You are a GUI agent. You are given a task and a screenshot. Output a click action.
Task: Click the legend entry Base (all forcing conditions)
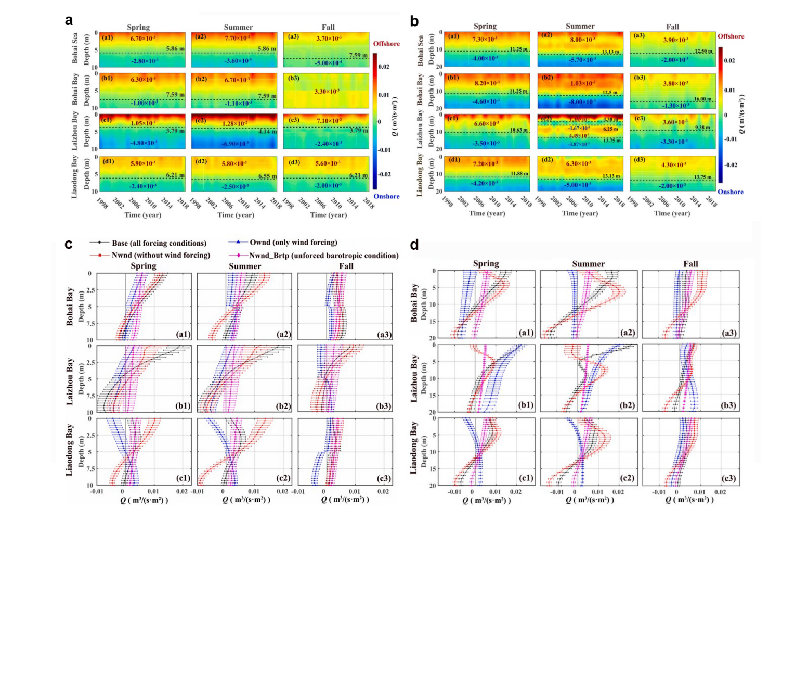click(x=159, y=243)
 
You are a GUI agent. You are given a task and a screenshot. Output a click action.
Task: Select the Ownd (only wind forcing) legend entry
click(x=293, y=243)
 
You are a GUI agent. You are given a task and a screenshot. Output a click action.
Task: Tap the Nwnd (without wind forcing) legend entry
click(x=161, y=255)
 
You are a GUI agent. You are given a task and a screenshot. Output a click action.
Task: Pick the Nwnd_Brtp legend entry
click(x=323, y=256)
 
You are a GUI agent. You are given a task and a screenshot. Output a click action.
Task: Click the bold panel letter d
click(x=414, y=245)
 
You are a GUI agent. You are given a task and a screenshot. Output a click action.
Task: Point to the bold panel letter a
click(x=69, y=20)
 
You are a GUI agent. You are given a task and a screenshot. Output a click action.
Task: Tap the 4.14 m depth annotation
click(x=267, y=131)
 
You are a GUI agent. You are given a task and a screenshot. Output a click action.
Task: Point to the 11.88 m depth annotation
click(x=519, y=174)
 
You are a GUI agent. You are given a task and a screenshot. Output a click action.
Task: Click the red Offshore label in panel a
click(x=386, y=44)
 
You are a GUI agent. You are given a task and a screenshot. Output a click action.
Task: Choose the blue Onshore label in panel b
click(x=731, y=192)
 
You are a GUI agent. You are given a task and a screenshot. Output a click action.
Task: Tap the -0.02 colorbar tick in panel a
click(x=384, y=174)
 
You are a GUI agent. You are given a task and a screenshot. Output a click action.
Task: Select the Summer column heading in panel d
click(x=588, y=264)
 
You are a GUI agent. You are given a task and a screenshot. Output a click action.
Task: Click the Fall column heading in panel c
click(x=346, y=266)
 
